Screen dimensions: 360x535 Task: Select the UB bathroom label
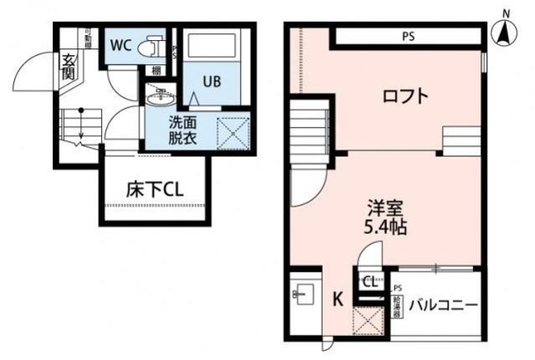[x=212, y=81]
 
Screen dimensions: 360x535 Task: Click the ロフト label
[x=405, y=96]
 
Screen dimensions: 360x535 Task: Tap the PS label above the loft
[x=407, y=36]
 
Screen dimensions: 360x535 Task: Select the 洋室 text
[x=385, y=206]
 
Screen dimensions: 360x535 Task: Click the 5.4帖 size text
[x=385, y=226]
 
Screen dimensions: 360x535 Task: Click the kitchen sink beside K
[x=303, y=294]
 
